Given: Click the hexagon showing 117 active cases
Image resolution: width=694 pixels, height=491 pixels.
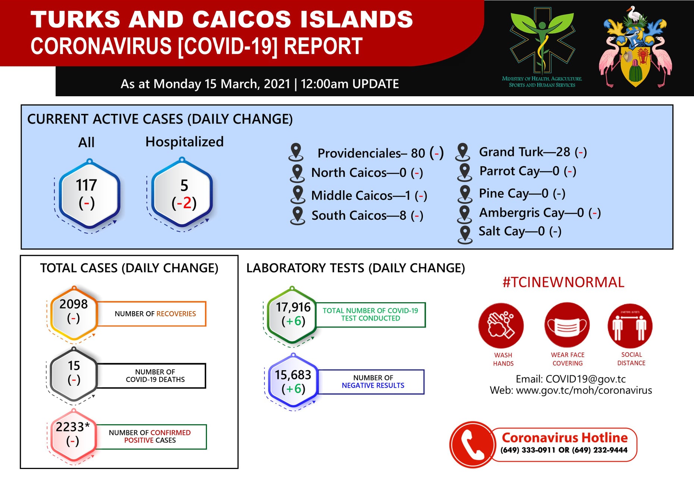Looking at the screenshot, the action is coord(89,194).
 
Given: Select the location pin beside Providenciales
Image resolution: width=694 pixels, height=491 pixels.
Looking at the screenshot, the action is coord(296,152).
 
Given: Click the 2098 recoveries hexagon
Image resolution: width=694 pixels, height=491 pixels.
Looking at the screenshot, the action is coord(74,314).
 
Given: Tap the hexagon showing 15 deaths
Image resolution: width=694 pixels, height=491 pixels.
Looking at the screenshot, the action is coord(74,375).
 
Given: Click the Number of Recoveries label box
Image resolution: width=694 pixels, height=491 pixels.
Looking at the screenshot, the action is coord(151,314).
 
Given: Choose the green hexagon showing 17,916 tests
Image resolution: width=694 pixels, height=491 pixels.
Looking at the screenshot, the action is coord(292,315).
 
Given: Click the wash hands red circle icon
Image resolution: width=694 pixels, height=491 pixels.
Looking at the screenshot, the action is coord(501,326).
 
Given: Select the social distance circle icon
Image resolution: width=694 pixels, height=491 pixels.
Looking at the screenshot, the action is coord(630,326).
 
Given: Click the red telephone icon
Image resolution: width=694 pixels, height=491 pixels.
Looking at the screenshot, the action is coord(472,444).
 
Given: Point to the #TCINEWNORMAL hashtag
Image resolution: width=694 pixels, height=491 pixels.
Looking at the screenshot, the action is coord(563,282).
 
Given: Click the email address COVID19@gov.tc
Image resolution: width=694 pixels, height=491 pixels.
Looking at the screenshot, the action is coord(585,379).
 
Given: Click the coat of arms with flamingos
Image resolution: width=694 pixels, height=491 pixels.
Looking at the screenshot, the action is coord(635,47).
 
